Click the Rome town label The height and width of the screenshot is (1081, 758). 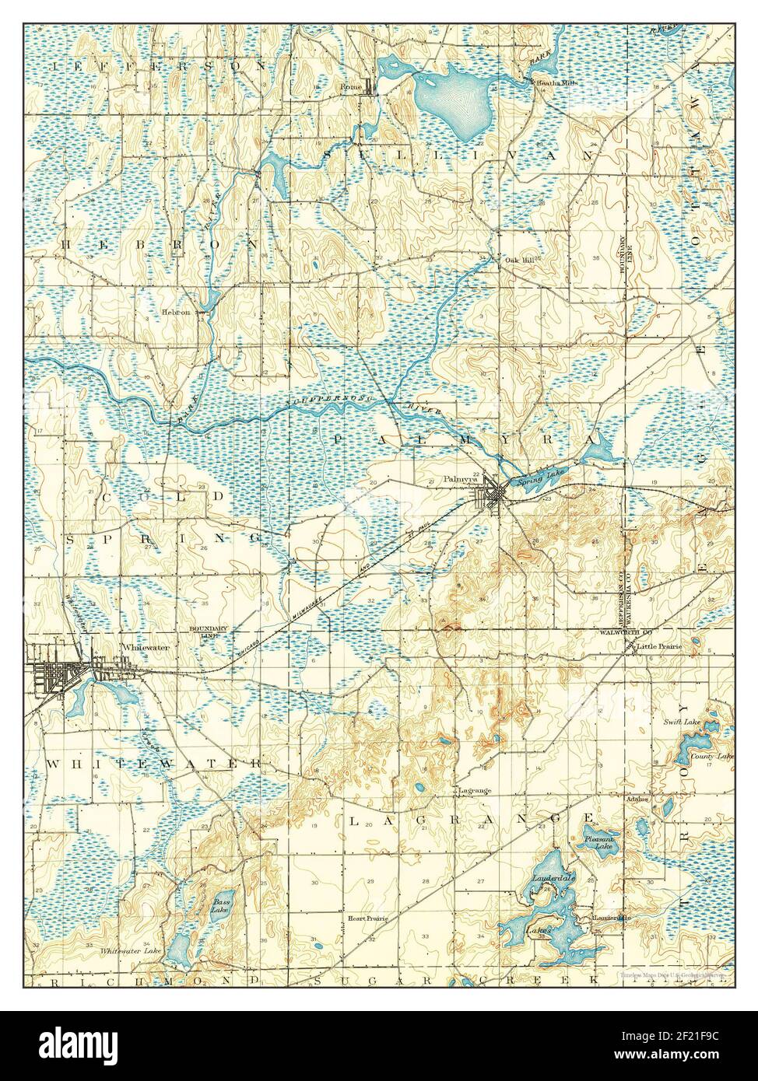(x=350, y=87)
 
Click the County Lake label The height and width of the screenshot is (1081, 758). (x=714, y=756)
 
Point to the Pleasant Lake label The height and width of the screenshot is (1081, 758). (x=600, y=843)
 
